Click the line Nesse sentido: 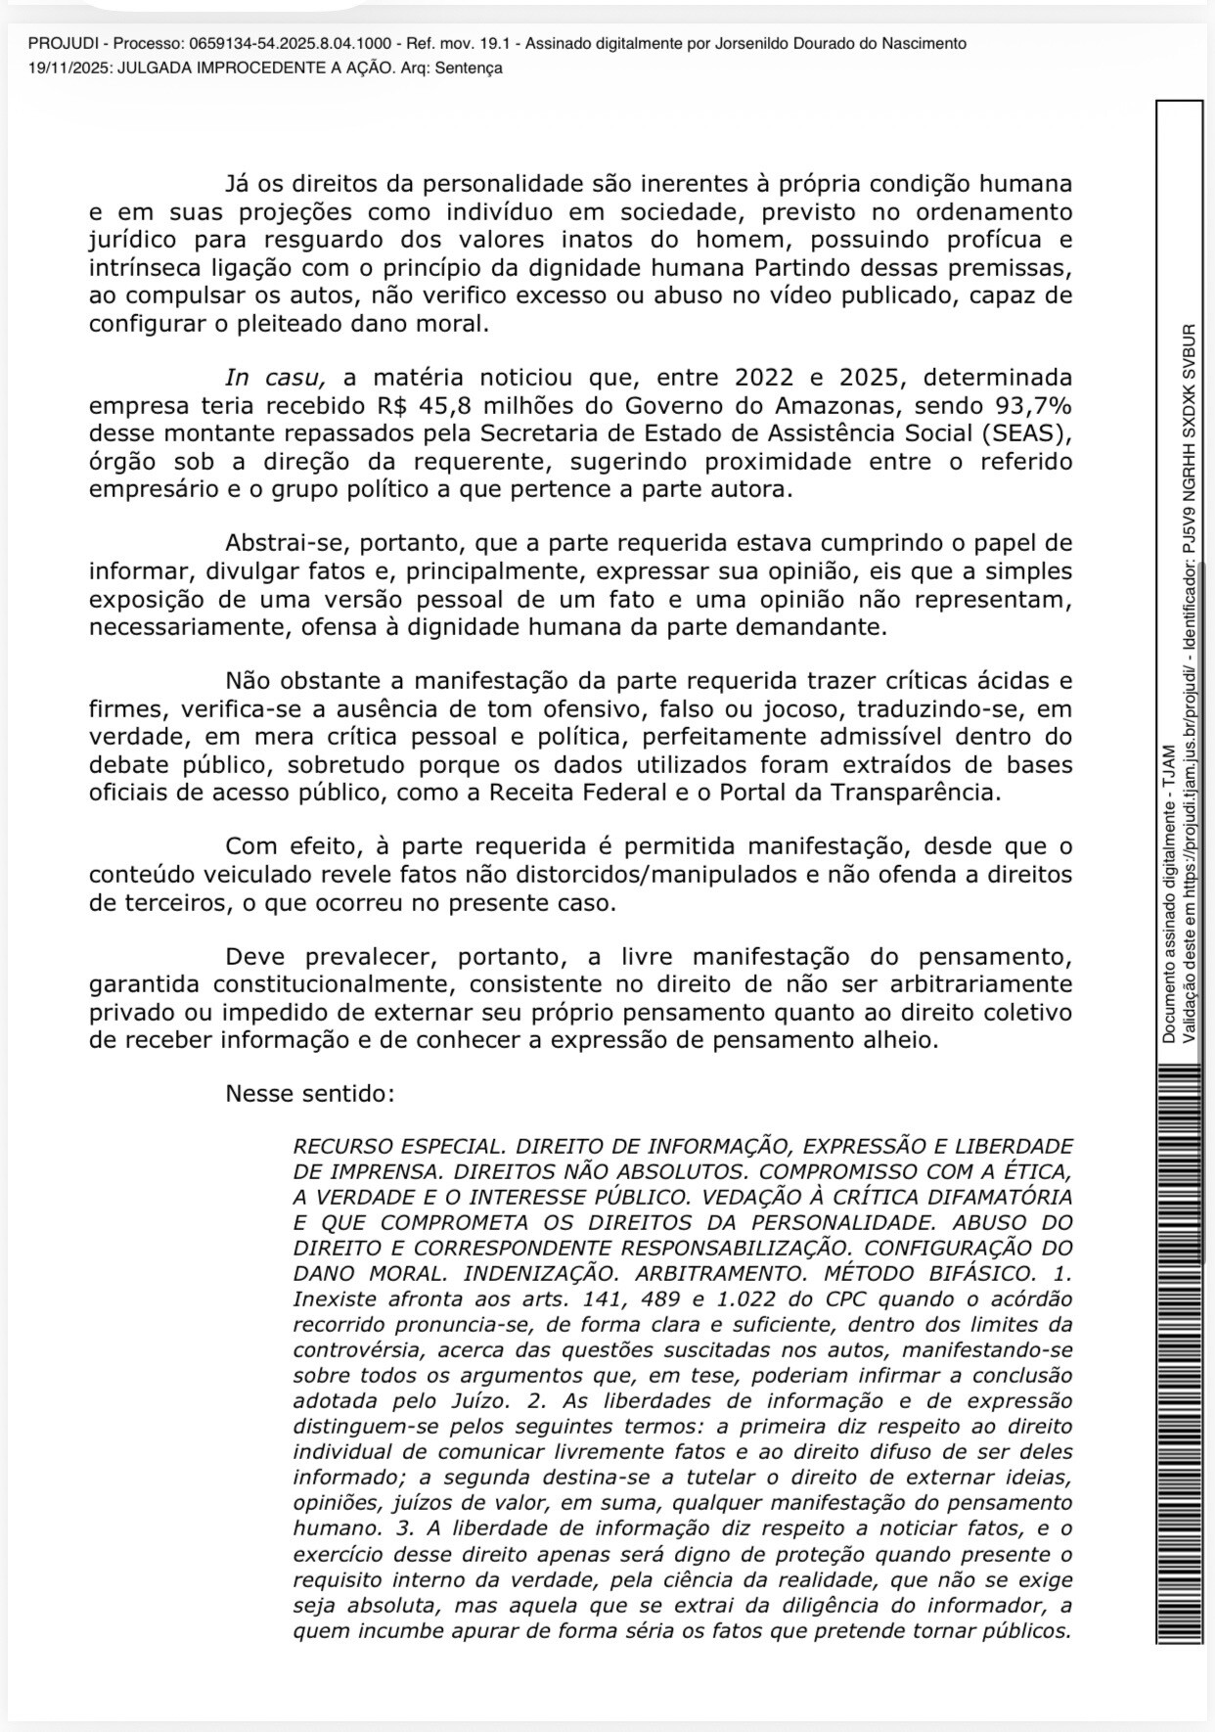(x=310, y=1093)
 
